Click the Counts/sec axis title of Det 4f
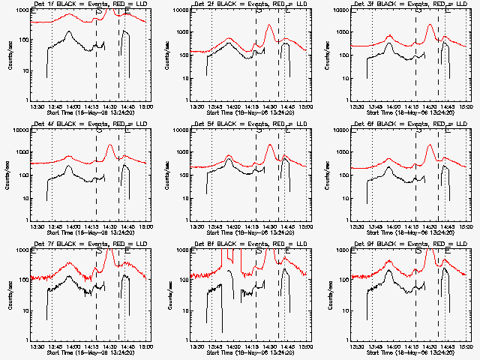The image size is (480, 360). [x=9, y=175]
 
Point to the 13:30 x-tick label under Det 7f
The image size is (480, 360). [x=34, y=346]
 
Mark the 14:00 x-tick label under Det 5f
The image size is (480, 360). [x=232, y=226]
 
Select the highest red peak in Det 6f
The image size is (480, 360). [x=430, y=145]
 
